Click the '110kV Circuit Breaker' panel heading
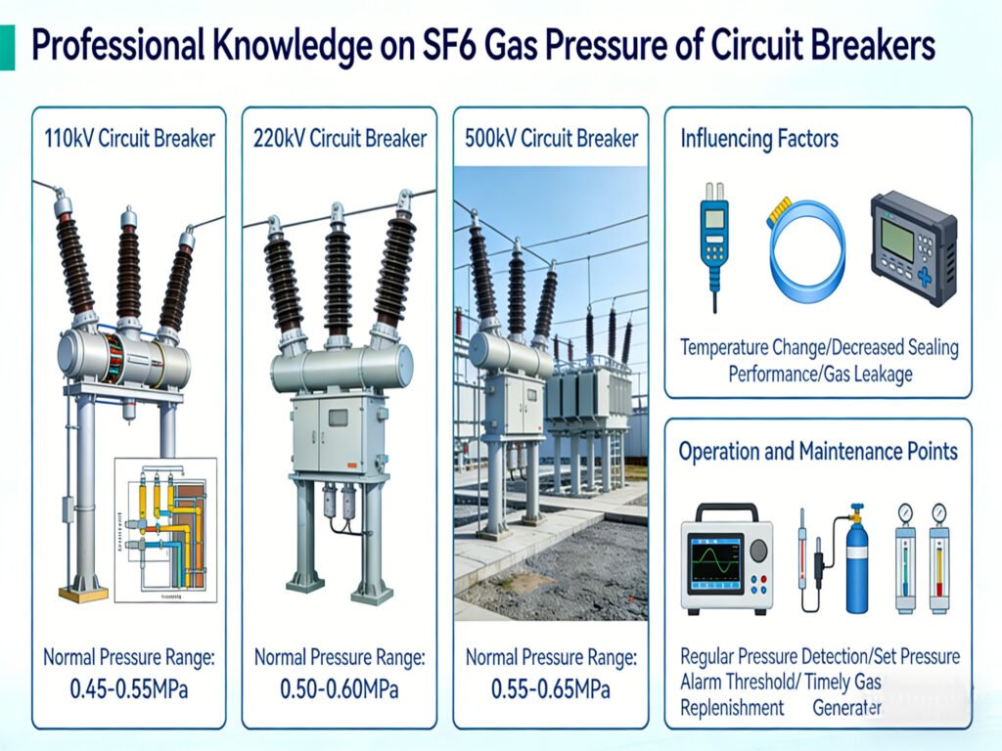(x=129, y=138)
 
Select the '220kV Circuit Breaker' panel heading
(x=340, y=138)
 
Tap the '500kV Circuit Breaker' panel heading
(x=552, y=138)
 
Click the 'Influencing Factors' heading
(x=759, y=138)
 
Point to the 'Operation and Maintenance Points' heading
(x=818, y=452)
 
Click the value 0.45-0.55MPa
(x=128, y=689)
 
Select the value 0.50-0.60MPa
(x=340, y=689)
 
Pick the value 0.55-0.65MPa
(x=551, y=689)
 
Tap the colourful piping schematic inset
(x=163, y=528)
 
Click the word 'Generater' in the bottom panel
(x=847, y=707)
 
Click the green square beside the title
(x=7, y=47)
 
